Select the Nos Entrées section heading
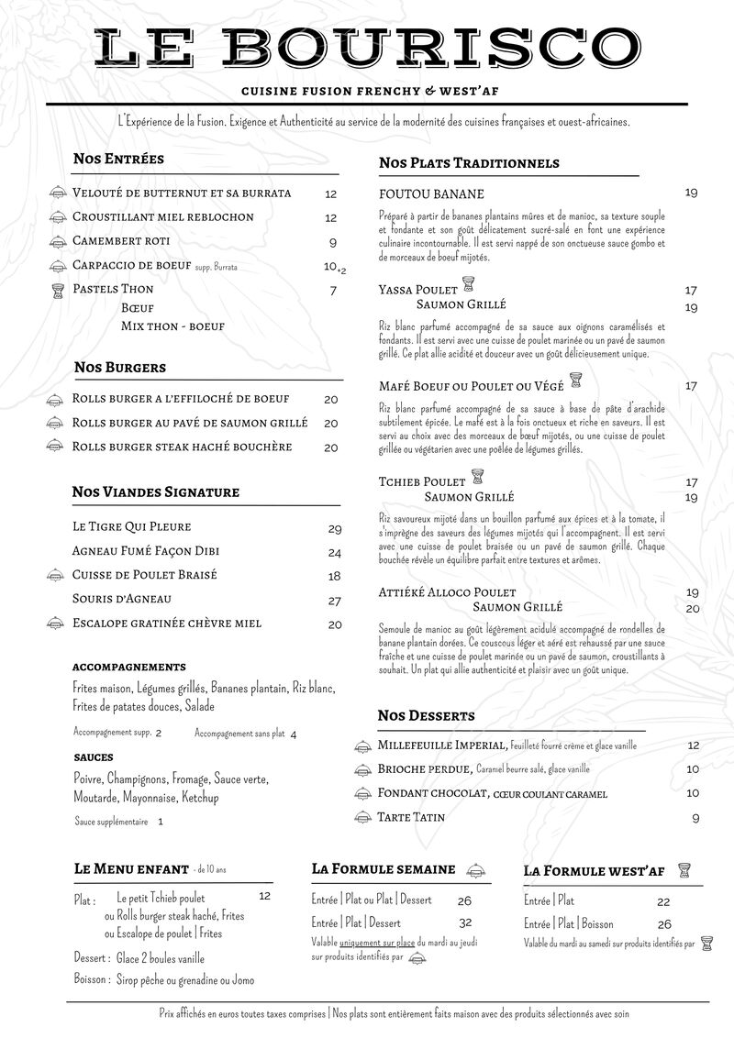click(118, 159)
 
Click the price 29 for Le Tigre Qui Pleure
click(335, 529)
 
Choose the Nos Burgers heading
click(119, 367)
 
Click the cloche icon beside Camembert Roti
click(58, 242)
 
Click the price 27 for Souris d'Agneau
click(335, 602)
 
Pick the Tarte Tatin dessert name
click(411, 817)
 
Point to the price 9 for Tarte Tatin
click(695, 818)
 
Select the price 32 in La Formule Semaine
click(465, 922)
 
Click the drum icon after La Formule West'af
click(683, 869)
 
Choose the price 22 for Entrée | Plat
click(663, 902)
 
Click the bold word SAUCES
click(94, 757)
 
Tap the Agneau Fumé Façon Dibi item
click(145, 552)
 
